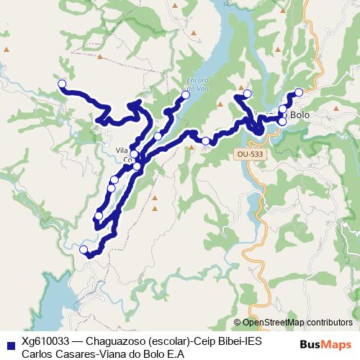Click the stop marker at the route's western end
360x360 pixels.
[x=62, y=84]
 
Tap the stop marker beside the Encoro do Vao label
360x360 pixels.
[x=186, y=95]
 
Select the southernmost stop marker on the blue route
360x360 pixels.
[x=84, y=250]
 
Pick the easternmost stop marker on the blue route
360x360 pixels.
[x=298, y=92]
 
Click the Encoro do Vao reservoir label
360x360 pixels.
[x=197, y=81]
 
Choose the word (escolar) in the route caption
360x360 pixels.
[x=171, y=341]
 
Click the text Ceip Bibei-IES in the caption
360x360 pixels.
[x=230, y=341]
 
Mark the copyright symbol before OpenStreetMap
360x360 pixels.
[x=238, y=323]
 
